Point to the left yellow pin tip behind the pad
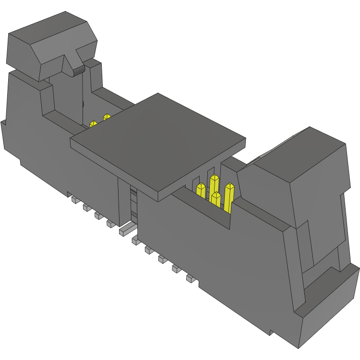(x=93, y=124)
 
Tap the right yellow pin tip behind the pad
(x=106, y=117)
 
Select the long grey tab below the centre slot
(x=126, y=229)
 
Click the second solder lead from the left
(x=87, y=207)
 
